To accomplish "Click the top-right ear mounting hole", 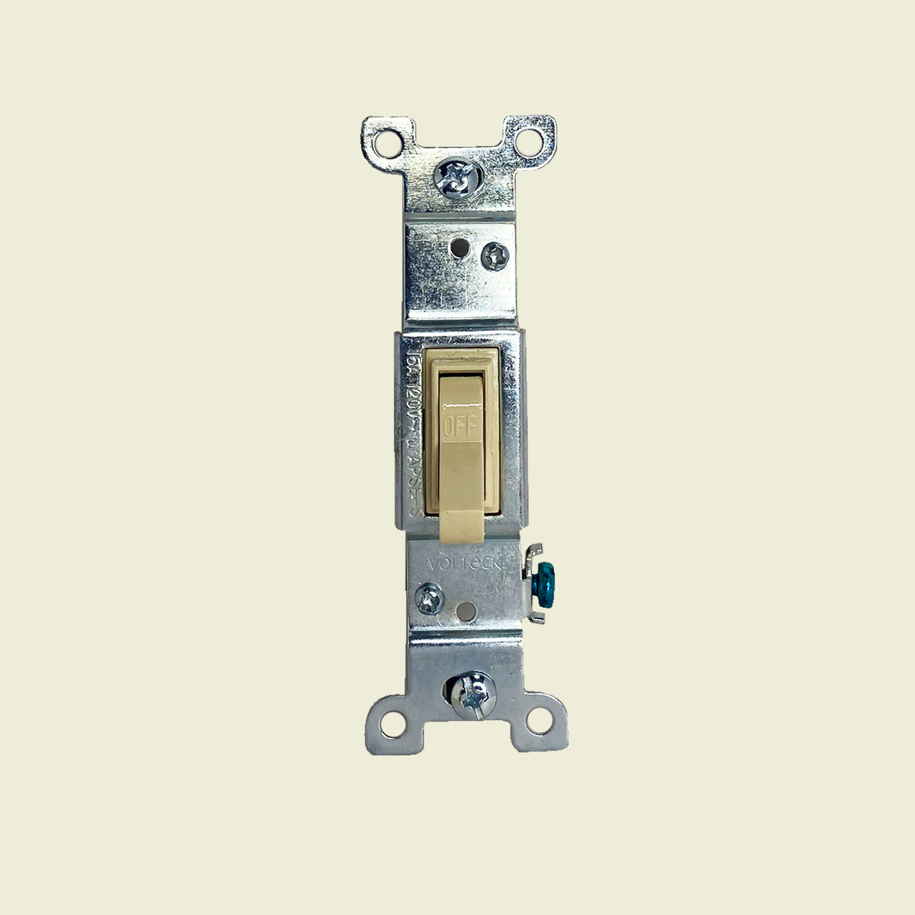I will click(x=528, y=141).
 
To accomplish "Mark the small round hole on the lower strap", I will click(x=465, y=612).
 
